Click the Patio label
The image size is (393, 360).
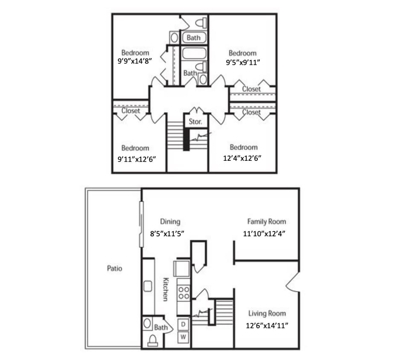[114, 268]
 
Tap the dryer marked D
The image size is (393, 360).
[183, 324]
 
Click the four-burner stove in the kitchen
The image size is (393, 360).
[183, 293]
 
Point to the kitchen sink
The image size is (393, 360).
[148, 286]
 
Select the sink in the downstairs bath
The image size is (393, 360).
[148, 323]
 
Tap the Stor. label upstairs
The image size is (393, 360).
[195, 122]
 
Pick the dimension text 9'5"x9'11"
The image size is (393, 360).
[243, 62]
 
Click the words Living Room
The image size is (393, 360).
[267, 314]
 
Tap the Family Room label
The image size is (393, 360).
[267, 221]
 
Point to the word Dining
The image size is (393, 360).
[170, 221]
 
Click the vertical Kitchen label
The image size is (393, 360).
[165, 289]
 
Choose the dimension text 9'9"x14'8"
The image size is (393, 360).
[135, 61]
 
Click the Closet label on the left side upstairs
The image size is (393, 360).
[131, 110]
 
